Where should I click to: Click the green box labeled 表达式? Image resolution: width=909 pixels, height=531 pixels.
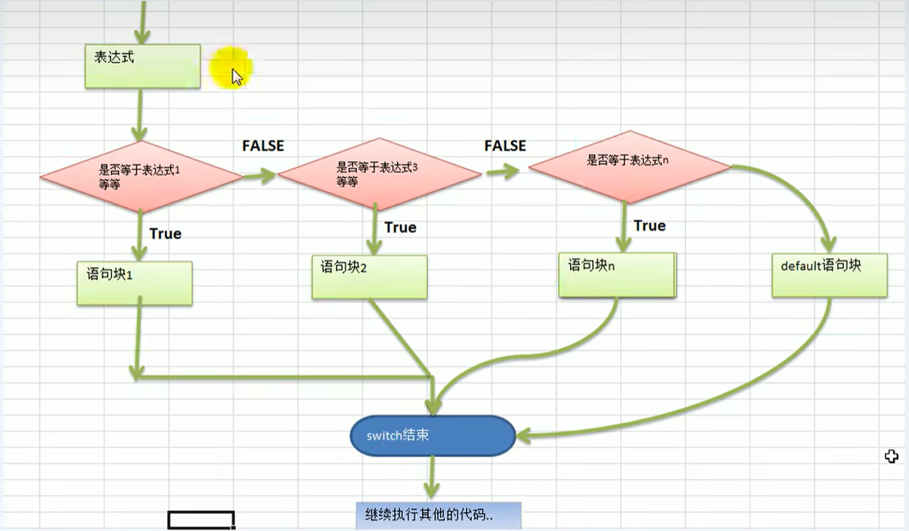tap(142, 66)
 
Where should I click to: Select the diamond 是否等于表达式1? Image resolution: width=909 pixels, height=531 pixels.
tap(141, 176)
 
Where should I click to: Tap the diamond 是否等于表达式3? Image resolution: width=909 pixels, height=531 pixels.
tap(379, 175)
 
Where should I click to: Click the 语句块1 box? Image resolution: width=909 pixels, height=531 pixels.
tap(134, 283)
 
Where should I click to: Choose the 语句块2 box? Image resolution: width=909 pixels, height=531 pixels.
tap(369, 276)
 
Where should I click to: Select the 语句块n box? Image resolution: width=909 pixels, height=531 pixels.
tap(616, 275)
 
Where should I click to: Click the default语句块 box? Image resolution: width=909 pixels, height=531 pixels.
tap(829, 275)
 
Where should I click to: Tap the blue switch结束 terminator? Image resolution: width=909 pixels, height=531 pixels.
tap(432, 436)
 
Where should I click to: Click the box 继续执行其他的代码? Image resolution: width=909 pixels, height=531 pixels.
tap(438, 516)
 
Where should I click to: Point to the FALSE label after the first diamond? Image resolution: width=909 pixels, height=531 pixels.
tap(262, 146)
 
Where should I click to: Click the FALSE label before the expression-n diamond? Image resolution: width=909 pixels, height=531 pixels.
tap(505, 145)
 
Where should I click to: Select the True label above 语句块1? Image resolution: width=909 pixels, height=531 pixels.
tap(165, 234)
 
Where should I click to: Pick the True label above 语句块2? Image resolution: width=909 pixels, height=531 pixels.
tap(400, 228)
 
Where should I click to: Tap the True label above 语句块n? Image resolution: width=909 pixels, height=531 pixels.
tap(650, 226)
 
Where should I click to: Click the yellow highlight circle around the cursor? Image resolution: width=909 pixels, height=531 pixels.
tap(230, 67)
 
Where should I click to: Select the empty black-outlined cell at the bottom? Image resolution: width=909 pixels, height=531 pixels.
tap(200, 520)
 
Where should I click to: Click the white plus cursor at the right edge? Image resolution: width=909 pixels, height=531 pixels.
tap(892, 456)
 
